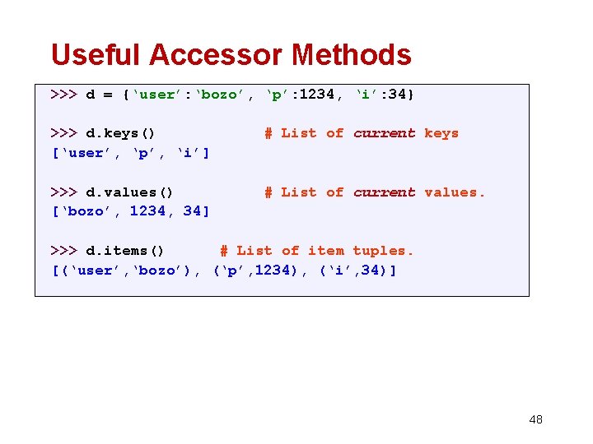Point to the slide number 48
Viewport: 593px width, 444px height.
point(535,419)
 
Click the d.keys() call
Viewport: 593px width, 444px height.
point(120,133)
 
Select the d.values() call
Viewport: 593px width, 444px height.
point(129,192)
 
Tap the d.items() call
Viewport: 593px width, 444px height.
point(125,251)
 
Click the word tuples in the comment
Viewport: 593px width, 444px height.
point(383,251)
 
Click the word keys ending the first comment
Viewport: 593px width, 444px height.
point(441,133)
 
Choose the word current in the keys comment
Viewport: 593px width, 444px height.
point(384,133)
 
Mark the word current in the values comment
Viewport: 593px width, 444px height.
point(384,192)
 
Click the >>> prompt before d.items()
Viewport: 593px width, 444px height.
point(63,251)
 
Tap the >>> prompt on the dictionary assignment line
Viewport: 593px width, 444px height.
point(63,95)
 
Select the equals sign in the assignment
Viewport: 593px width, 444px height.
point(107,95)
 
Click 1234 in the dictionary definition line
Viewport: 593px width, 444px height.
point(316,95)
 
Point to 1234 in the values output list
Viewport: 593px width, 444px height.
point(148,212)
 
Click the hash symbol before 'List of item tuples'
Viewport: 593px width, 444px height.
point(223,251)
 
